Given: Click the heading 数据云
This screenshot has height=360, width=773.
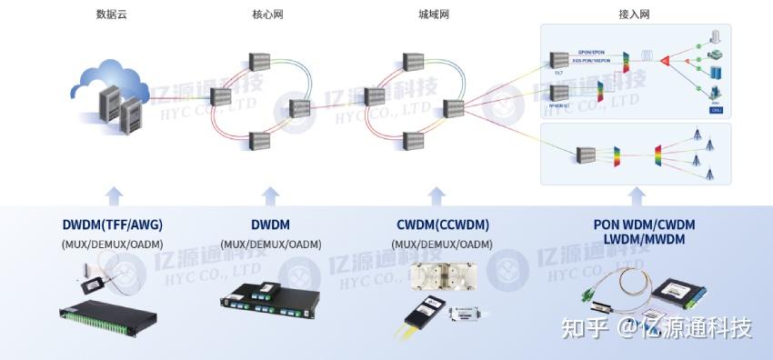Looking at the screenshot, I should (110, 15).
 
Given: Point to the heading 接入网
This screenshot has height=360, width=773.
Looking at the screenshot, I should (633, 15).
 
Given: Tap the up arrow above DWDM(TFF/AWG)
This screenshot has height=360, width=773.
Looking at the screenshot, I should (113, 195).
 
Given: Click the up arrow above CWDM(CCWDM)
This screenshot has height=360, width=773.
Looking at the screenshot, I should (437, 195).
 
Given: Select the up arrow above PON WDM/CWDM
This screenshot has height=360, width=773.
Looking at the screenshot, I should (637, 195).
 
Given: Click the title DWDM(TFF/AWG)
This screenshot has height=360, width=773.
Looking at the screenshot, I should (113, 225).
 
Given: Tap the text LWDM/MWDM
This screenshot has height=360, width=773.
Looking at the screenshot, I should (637, 239).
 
